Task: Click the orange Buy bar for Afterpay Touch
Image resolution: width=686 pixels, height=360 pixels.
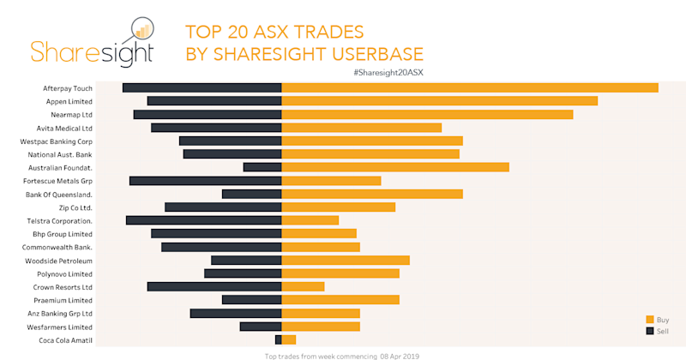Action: click(x=470, y=87)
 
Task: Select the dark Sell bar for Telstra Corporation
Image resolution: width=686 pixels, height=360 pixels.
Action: click(x=204, y=220)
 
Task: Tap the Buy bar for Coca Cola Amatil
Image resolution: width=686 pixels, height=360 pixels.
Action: click(x=289, y=339)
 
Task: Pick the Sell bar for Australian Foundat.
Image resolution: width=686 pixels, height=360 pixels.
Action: click(x=262, y=167)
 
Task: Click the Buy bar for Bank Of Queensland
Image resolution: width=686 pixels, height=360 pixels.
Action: click(x=372, y=194)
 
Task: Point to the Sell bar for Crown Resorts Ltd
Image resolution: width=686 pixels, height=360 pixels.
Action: click(x=214, y=286)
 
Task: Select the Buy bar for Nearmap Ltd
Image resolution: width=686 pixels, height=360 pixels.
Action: click(x=427, y=114)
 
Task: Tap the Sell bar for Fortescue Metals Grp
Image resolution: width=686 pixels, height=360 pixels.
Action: click(x=206, y=181)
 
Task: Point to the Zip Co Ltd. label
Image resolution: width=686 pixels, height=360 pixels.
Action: click(x=75, y=207)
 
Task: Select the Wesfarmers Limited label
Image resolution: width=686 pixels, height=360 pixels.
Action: click(x=61, y=327)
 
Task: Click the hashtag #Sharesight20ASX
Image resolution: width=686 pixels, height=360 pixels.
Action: click(x=388, y=72)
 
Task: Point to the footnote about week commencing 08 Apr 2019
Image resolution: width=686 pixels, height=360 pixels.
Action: click(x=342, y=355)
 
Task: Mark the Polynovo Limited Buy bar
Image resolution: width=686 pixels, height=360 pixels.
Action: click(x=340, y=273)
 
